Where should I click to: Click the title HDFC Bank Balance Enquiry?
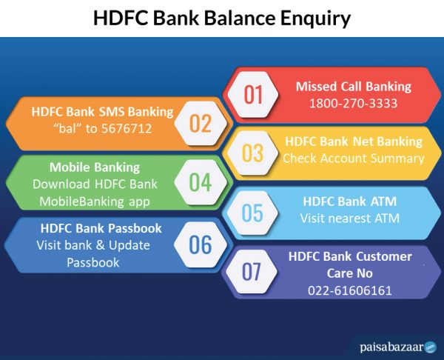pyautogui.click(x=222, y=18)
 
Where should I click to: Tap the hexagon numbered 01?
pyautogui.click(x=253, y=94)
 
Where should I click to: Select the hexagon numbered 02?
pyautogui.click(x=200, y=122)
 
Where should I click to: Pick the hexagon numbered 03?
pyautogui.click(x=253, y=153)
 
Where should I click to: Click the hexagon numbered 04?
pyautogui.click(x=200, y=182)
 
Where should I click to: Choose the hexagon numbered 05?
pyautogui.click(x=253, y=213)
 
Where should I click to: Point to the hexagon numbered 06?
pyautogui.click(x=200, y=243)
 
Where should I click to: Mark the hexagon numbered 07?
pyautogui.click(x=253, y=272)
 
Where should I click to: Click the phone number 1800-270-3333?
pyautogui.click(x=353, y=103)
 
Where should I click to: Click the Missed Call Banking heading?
pyautogui.click(x=353, y=86)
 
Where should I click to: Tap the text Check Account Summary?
pyautogui.click(x=353, y=158)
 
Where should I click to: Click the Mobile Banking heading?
pyautogui.click(x=94, y=167)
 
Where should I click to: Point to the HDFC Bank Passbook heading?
pyautogui.click(x=101, y=228)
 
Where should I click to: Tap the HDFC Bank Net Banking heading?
pyautogui.click(x=353, y=141)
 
